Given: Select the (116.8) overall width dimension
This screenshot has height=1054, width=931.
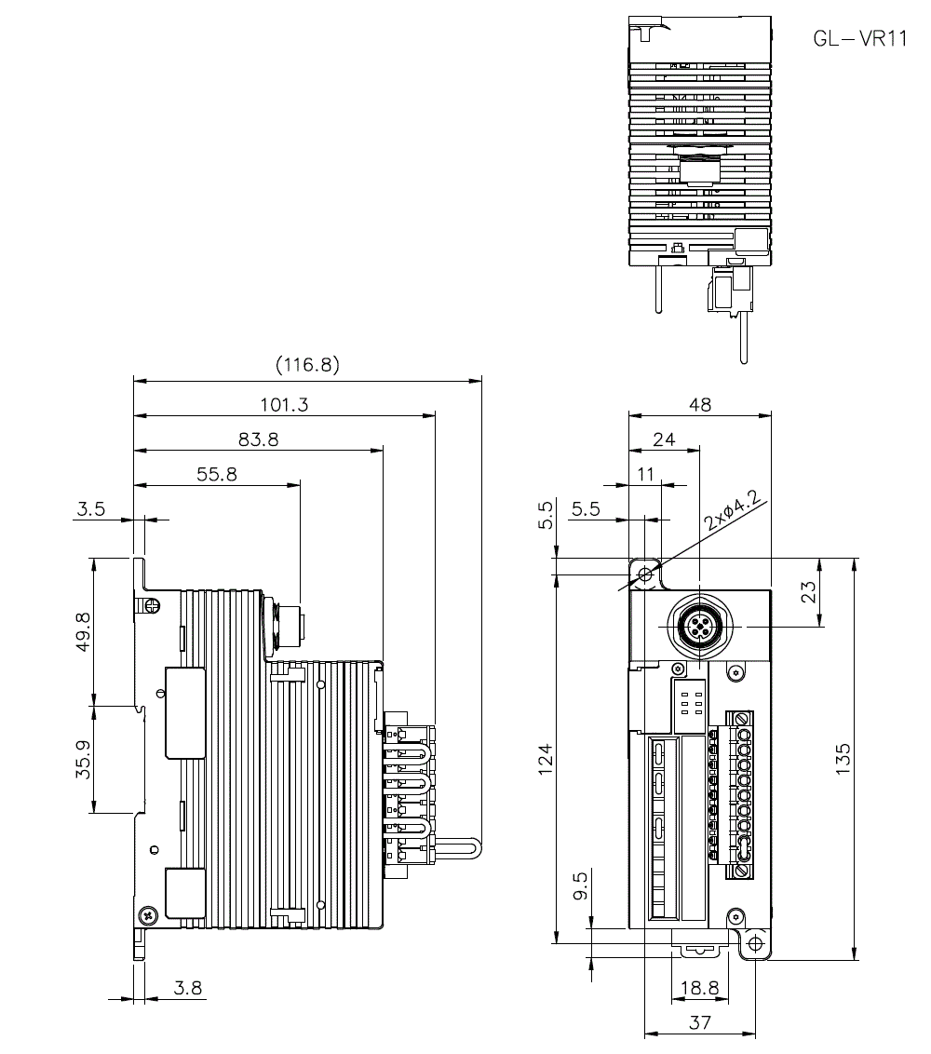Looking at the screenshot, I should tap(307, 365).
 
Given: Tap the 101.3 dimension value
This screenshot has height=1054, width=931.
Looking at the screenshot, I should tap(287, 404).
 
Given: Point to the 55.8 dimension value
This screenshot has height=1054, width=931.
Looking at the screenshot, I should tap(217, 474).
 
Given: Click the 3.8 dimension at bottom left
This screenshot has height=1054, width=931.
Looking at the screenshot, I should tap(188, 988).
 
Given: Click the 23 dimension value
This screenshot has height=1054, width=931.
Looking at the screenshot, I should tap(809, 592).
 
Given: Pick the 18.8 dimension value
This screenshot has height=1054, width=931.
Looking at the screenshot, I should tap(697, 988).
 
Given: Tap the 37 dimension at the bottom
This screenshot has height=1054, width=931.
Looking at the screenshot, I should tap(700, 1022).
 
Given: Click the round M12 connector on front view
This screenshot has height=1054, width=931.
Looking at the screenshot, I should tap(699, 627).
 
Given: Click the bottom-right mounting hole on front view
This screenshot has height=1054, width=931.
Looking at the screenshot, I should tap(754, 943).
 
